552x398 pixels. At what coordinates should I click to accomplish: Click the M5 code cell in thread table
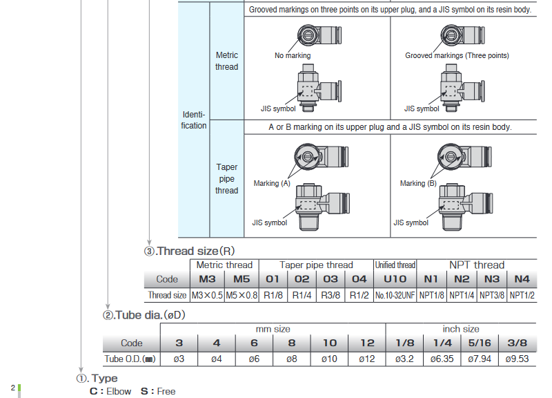click(241, 279)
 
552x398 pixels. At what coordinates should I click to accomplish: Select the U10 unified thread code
click(395, 279)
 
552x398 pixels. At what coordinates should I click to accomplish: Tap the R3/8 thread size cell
click(330, 295)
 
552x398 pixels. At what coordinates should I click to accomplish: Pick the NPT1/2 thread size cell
click(522, 295)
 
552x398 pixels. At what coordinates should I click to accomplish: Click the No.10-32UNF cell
click(395, 295)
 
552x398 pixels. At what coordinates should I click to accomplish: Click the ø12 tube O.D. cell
click(367, 359)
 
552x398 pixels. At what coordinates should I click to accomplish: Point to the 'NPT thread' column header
click(477, 265)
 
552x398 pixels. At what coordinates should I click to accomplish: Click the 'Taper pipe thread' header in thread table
click(316, 265)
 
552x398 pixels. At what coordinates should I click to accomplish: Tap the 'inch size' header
click(460, 329)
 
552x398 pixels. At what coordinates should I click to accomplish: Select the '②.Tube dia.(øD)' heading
click(144, 315)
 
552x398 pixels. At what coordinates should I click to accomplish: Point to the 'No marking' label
click(293, 55)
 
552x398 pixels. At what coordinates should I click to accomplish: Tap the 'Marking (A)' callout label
click(272, 183)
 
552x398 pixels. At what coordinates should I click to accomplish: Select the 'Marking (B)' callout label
click(418, 183)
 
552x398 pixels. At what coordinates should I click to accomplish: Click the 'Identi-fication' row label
click(194, 120)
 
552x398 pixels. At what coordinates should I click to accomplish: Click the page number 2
click(12, 388)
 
